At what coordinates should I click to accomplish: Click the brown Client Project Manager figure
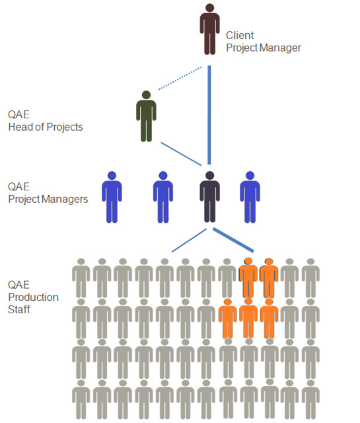click(x=210, y=29)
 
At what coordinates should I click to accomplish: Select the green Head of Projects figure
click(x=146, y=116)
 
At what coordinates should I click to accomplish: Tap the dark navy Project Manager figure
click(x=210, y=197)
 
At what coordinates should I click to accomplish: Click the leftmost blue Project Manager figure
click(x=112, y=197)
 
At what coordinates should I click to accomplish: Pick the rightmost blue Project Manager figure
click(x=250, y=197)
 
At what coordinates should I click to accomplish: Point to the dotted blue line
click(x=180, y=78)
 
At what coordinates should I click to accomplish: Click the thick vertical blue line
click(x=209, y=115)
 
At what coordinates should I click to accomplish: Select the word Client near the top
click(x=240, y=35)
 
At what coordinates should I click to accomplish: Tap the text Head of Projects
click(x=46, y=127)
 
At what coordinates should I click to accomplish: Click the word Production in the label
click(x=34, y=297)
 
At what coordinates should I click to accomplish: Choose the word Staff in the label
click(x=19, y=309)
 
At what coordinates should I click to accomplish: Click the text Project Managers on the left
click(x=48, y=200)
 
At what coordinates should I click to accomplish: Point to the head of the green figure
click(x=146, y=95)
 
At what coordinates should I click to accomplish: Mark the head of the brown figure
click(x=210, y=7)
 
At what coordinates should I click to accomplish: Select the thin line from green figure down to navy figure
click(x=181, y=154)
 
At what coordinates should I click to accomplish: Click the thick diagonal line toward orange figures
click(x=233, y=240)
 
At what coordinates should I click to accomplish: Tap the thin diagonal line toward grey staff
click(x=190, y=241)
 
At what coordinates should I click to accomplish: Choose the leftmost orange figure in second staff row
click(x=228, y=319)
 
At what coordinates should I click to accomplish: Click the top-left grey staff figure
click(x=81, y=278)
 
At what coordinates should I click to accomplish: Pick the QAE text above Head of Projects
click(x=18, y=114)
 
